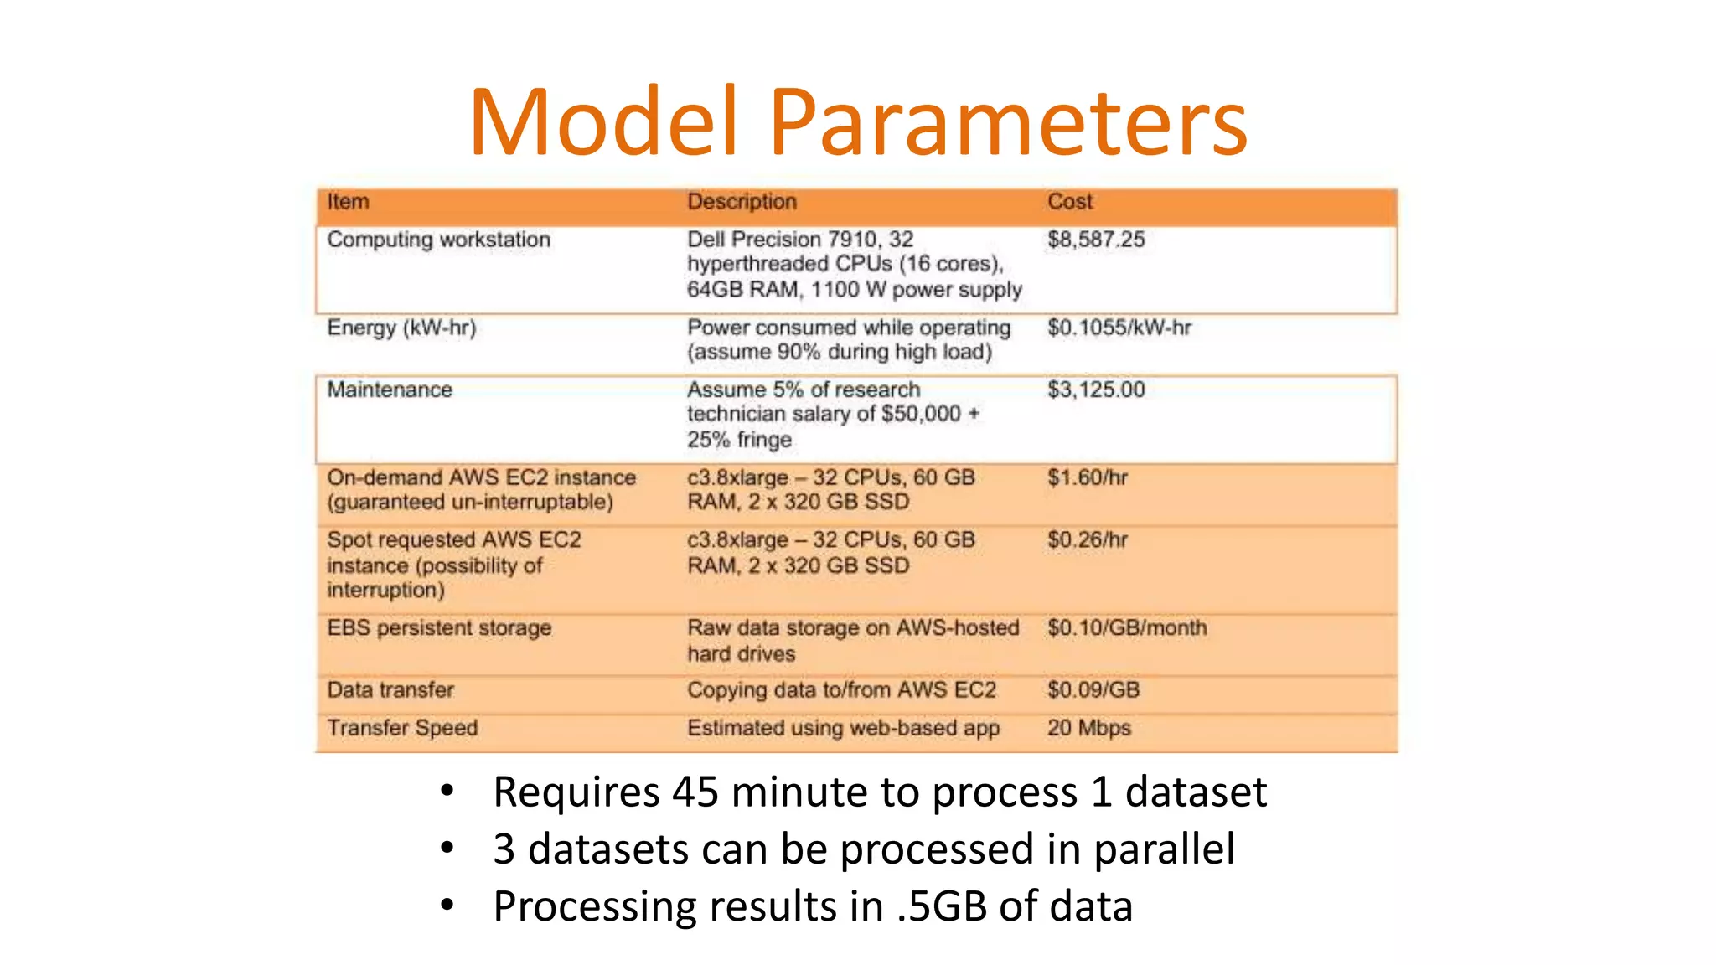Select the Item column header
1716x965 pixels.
tap(348, 202)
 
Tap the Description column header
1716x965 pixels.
tap(742, 202)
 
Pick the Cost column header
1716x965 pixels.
tap(1070, 202)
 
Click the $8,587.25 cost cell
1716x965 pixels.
tap(1096, 240)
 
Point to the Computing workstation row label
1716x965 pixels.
tap(438, 240)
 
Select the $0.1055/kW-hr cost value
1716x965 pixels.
tap(1119, 328)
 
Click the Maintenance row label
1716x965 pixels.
tap(390, 390)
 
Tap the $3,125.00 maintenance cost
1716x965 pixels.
tap(1096, 390)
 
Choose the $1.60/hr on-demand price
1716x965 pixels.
tap(1088, 477)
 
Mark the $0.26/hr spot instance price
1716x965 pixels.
tap(1088, 539)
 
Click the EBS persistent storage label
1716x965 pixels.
tap(439, 627)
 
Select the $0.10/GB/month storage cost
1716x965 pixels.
tap(1127, 627)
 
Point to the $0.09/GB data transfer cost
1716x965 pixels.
tap(1093, 689)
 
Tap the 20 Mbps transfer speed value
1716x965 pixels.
tap(1088, 727)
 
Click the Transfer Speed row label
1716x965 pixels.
tap(402, 727)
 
